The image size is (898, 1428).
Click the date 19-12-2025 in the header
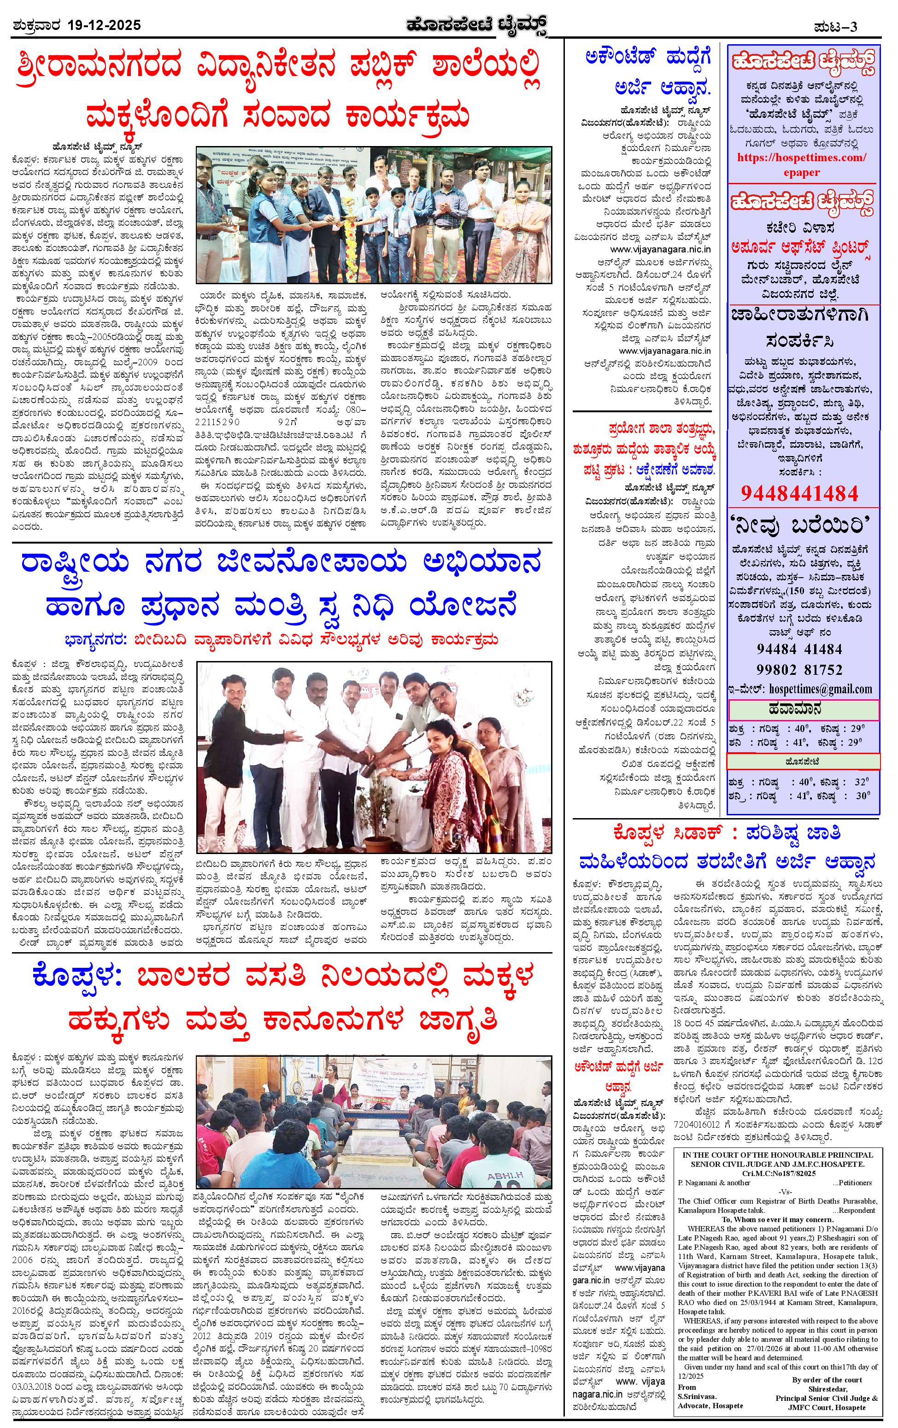click(105, 25)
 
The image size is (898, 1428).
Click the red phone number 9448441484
click(799, 492)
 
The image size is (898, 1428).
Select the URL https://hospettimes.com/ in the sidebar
click(801, 158)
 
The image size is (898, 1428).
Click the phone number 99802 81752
click(799, 668)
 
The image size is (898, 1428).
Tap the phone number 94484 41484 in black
click(799, 648)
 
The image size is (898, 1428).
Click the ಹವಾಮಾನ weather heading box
click(804, 708)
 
